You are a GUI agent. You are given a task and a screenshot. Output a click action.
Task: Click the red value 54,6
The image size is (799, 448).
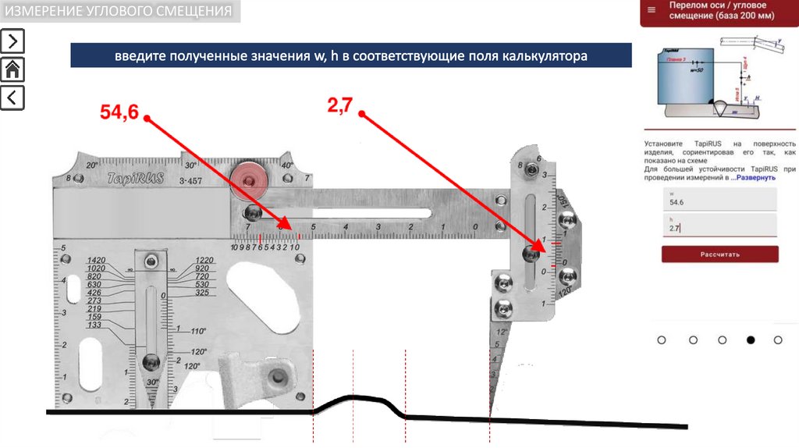[119, 112]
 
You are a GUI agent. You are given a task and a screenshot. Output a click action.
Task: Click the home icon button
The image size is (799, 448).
[13, 69]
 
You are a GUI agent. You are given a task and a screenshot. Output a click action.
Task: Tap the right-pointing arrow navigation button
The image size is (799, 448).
[13, 41]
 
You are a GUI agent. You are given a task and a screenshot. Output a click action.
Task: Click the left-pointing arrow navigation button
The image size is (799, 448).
[13, 98]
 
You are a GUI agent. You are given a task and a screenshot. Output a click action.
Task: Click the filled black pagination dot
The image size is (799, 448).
[751, 340]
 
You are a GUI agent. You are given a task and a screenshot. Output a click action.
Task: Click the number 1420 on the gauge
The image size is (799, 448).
[97, 260]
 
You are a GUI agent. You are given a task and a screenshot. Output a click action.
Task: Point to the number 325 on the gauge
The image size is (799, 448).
[203, 293]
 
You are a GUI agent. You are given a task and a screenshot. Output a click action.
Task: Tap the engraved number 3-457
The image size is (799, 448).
[191, 181]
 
